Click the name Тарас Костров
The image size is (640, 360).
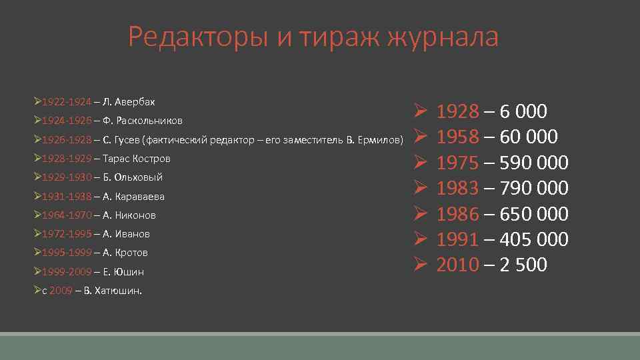point(137,159)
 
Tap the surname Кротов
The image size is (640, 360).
point(131,253)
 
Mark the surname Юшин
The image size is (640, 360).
point(129,272)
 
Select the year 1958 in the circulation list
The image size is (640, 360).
point(457,137)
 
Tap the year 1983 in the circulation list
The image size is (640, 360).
point(457,188)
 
